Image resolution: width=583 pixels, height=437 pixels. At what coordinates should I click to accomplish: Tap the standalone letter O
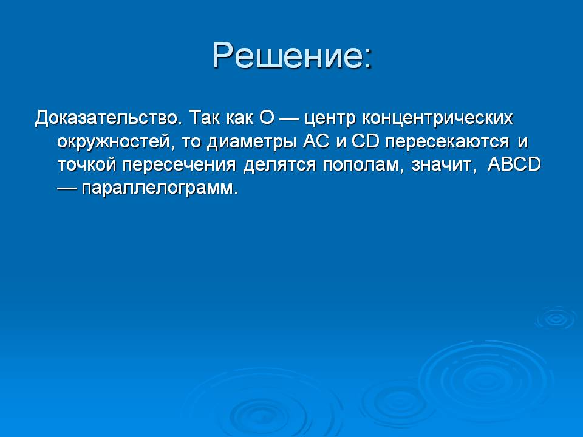267,118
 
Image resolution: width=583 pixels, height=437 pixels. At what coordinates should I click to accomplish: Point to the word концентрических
438,119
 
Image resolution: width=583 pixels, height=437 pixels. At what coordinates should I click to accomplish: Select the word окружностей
115,142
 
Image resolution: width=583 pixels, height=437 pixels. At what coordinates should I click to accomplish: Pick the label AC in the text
316,141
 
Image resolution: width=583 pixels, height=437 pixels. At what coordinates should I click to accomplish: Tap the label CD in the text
365,141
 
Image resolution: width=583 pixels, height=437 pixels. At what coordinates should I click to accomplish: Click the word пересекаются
448,142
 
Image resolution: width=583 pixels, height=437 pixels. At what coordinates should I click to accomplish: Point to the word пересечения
179,165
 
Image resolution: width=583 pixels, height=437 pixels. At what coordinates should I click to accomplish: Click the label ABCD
514,164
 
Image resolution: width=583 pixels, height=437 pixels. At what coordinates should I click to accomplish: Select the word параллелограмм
160,189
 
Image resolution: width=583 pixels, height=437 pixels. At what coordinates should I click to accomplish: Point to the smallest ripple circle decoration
556,319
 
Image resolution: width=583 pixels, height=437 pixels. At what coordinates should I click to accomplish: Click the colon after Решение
368,59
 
